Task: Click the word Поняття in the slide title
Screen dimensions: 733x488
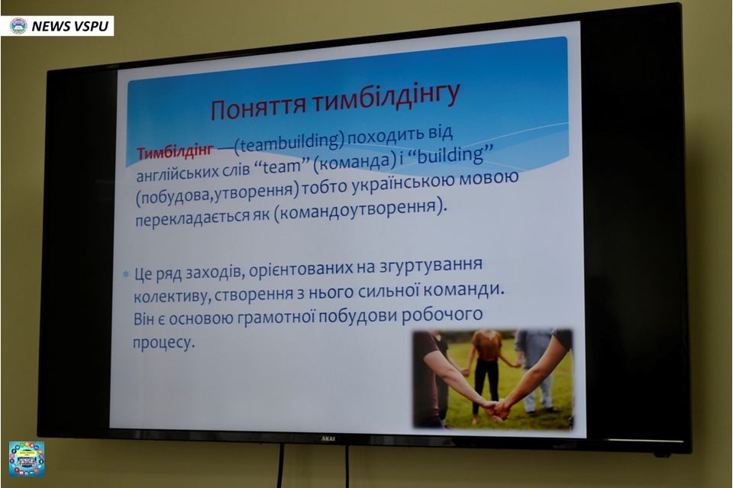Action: (x=258, y=106)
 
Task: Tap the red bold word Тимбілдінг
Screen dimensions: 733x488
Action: (x=176, y=151)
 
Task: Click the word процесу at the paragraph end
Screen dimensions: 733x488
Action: (x=163, y=343)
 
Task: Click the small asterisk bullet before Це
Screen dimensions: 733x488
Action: (x=125, y=274)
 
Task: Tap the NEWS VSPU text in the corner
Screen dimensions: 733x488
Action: (x=70, y=26)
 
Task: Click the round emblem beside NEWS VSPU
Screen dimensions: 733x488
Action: (x=18, y=26)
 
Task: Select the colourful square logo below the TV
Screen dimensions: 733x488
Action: (x=27, y=459)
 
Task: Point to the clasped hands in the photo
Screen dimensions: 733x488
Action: (x=496, y=409)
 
